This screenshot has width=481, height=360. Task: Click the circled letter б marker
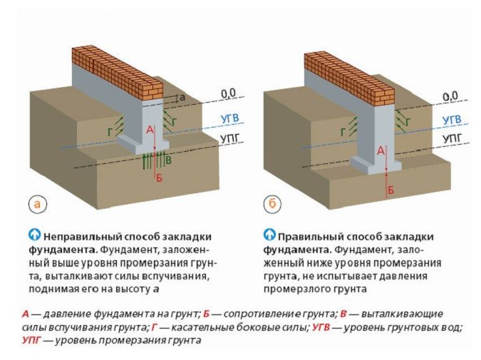point(271,204)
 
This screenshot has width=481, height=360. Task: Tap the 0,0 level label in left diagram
point(228,93)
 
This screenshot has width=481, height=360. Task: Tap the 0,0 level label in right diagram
point(450,96)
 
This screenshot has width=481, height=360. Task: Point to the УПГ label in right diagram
point(451,138)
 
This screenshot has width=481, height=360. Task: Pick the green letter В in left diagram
point(167,162)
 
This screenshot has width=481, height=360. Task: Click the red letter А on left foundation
point(149,130)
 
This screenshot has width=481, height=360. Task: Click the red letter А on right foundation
point(381,150)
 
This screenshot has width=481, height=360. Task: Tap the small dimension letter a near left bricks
point(182,96)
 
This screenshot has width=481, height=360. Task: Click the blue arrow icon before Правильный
point(269,235)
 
